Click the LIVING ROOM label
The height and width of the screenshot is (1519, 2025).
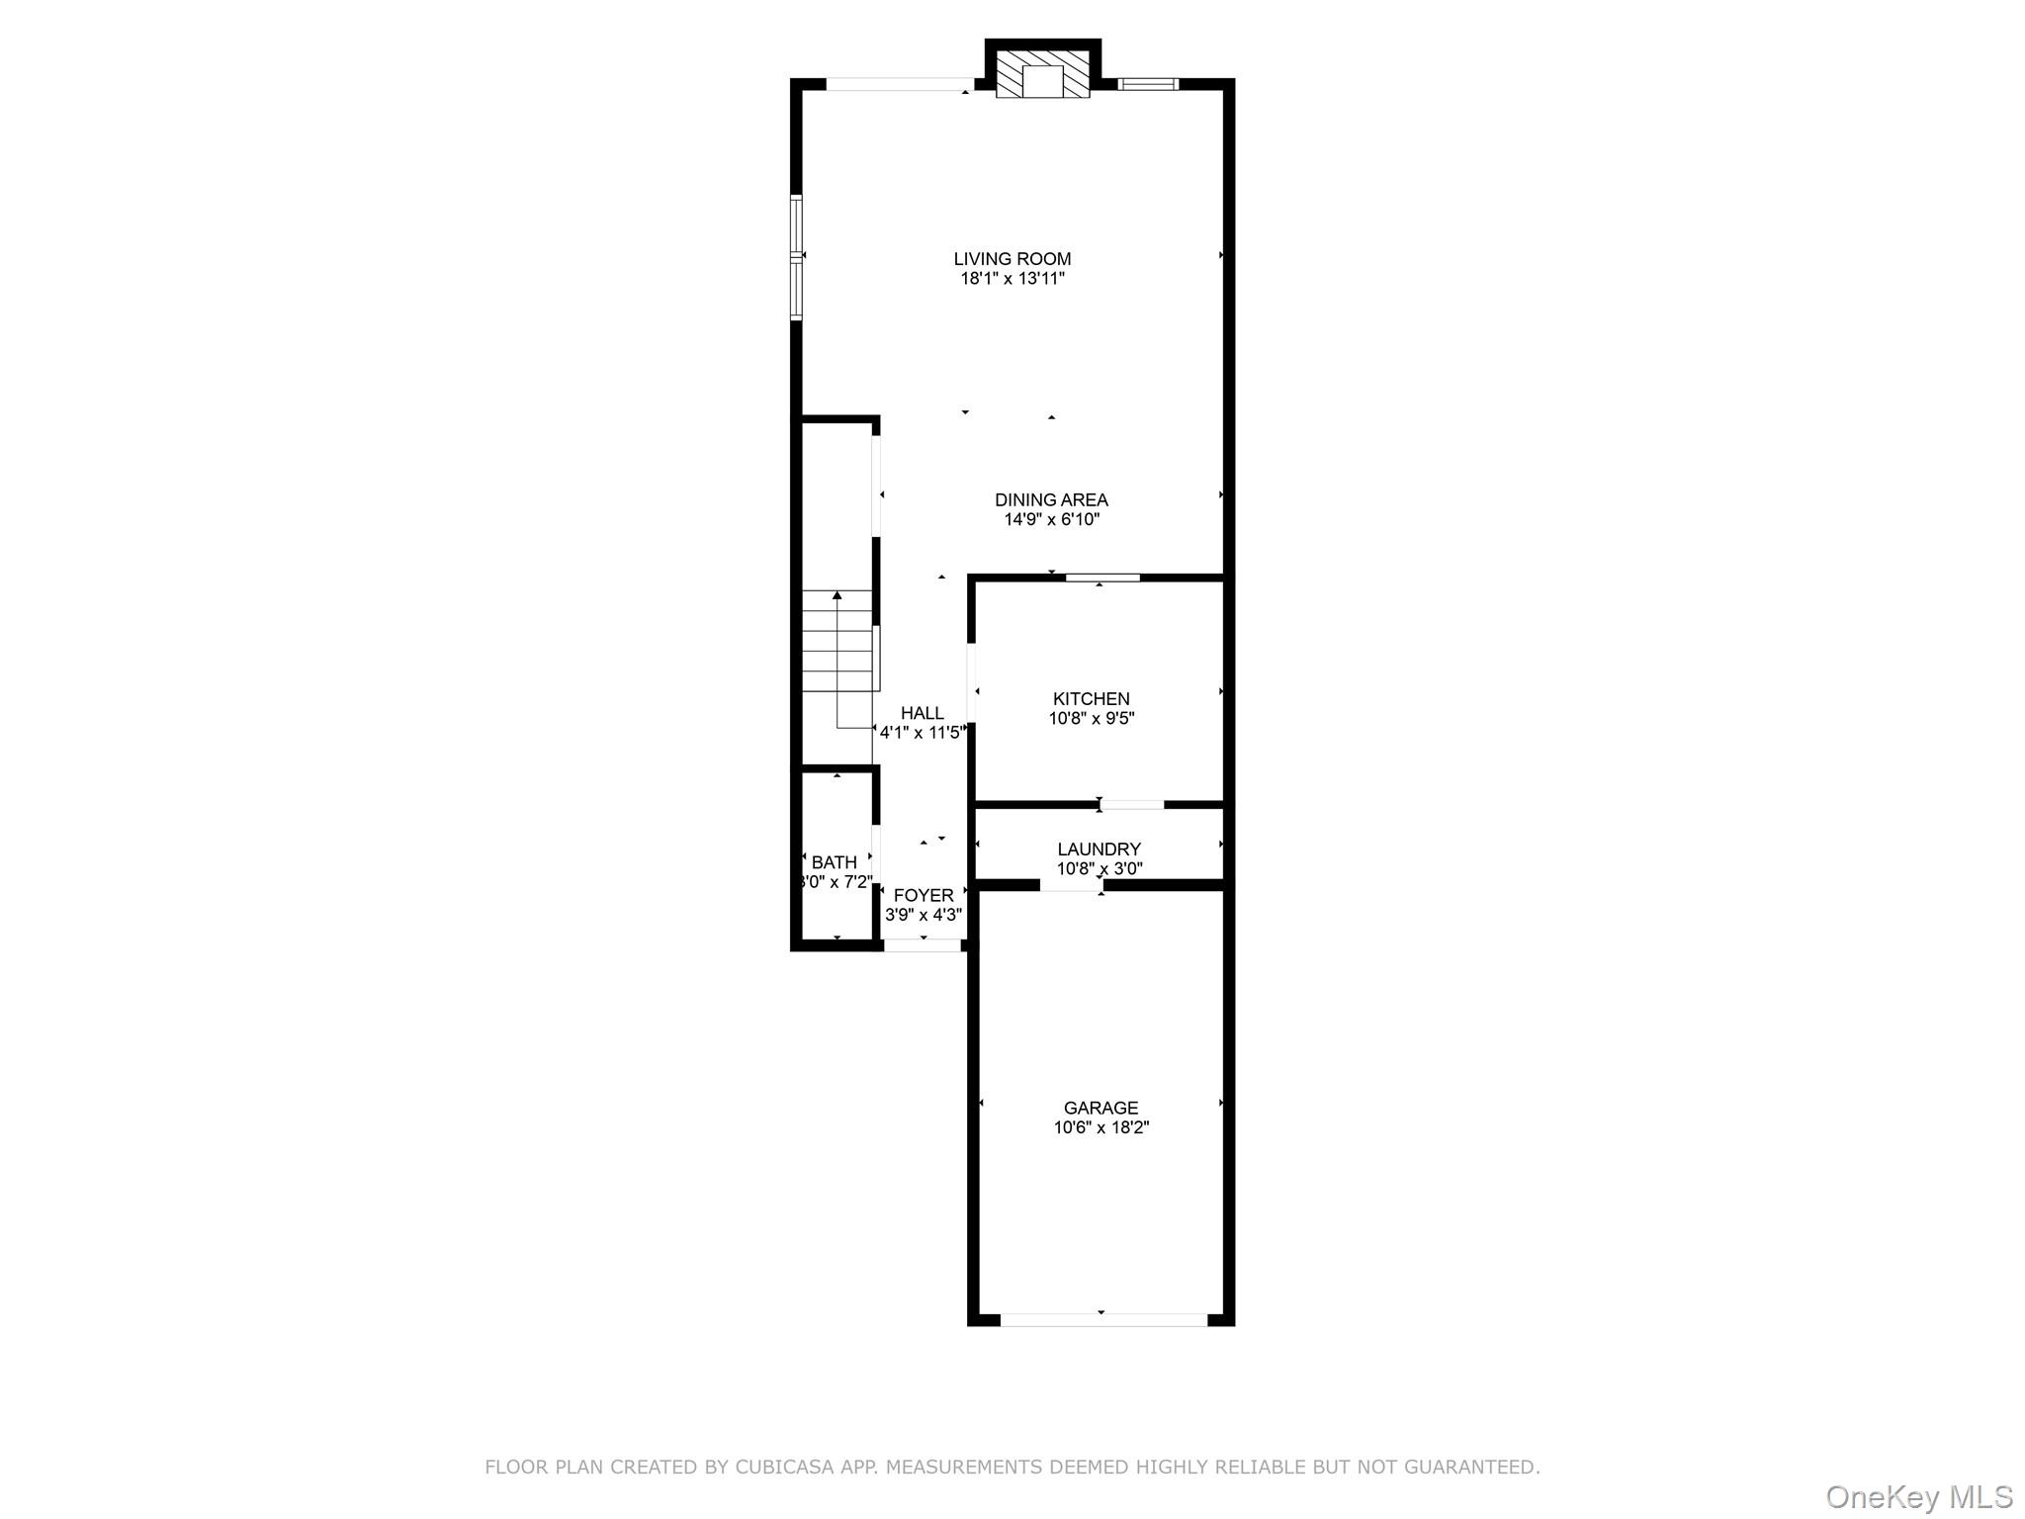point(1012,259)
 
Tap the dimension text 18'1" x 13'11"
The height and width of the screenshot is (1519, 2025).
point(1012,279)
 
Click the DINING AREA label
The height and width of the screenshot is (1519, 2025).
point(1051,500)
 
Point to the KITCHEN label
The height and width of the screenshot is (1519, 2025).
point(1091,699)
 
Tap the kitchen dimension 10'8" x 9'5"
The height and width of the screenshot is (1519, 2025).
point(1091,719)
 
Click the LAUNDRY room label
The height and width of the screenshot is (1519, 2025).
point(1099,849)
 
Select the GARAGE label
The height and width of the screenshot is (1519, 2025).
point(1101,1109)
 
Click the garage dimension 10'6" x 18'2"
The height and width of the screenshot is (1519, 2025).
point(1101,1127)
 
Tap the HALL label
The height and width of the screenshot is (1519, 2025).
point(922,713)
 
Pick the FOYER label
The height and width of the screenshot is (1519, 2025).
point(924,896)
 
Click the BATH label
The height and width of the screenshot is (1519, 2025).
point(834,862)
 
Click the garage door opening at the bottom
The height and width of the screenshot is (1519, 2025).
point(1103,1319)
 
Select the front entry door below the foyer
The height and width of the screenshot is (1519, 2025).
point(922,945)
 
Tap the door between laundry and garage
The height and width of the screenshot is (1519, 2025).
point(1071,885)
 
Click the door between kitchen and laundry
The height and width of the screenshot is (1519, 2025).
point(1131,804)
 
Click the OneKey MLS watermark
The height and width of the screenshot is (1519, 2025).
point(1919,1496)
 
